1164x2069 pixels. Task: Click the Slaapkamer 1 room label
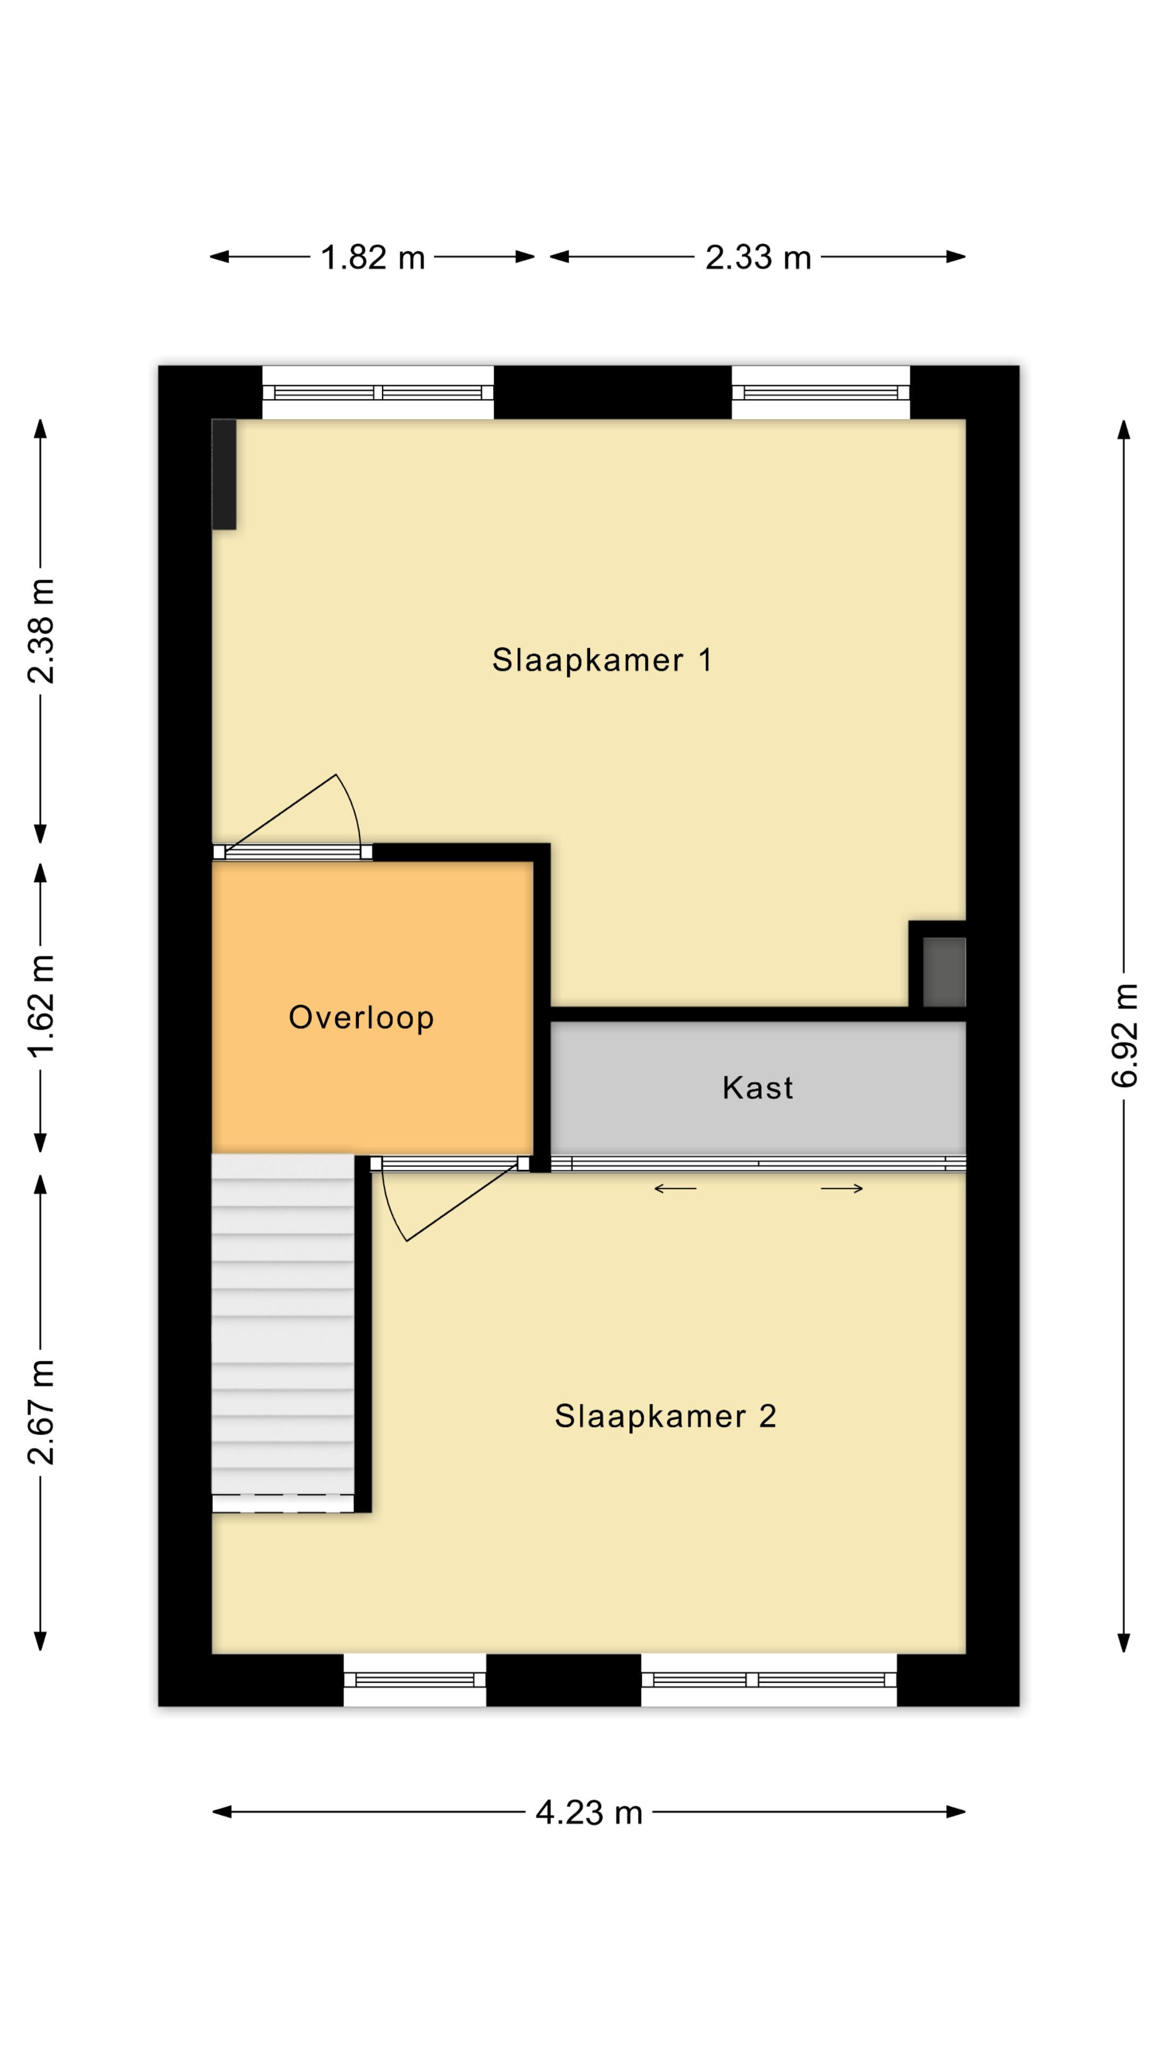click(602, 660)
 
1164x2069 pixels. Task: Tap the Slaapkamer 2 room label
click(665, 1416)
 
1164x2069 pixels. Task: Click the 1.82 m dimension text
click(373, 258)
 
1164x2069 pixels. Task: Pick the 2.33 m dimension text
click(758, 258)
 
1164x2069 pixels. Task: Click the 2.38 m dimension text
click(41, 631)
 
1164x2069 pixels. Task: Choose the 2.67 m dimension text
click(41, 1413)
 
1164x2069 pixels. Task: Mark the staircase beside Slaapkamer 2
click(283, 1334)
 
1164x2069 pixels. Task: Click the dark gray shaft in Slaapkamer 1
click(944, 972)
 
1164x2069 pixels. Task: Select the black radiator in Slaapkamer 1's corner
click(224, 474)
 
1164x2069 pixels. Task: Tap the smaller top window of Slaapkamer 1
click(820, 393)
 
